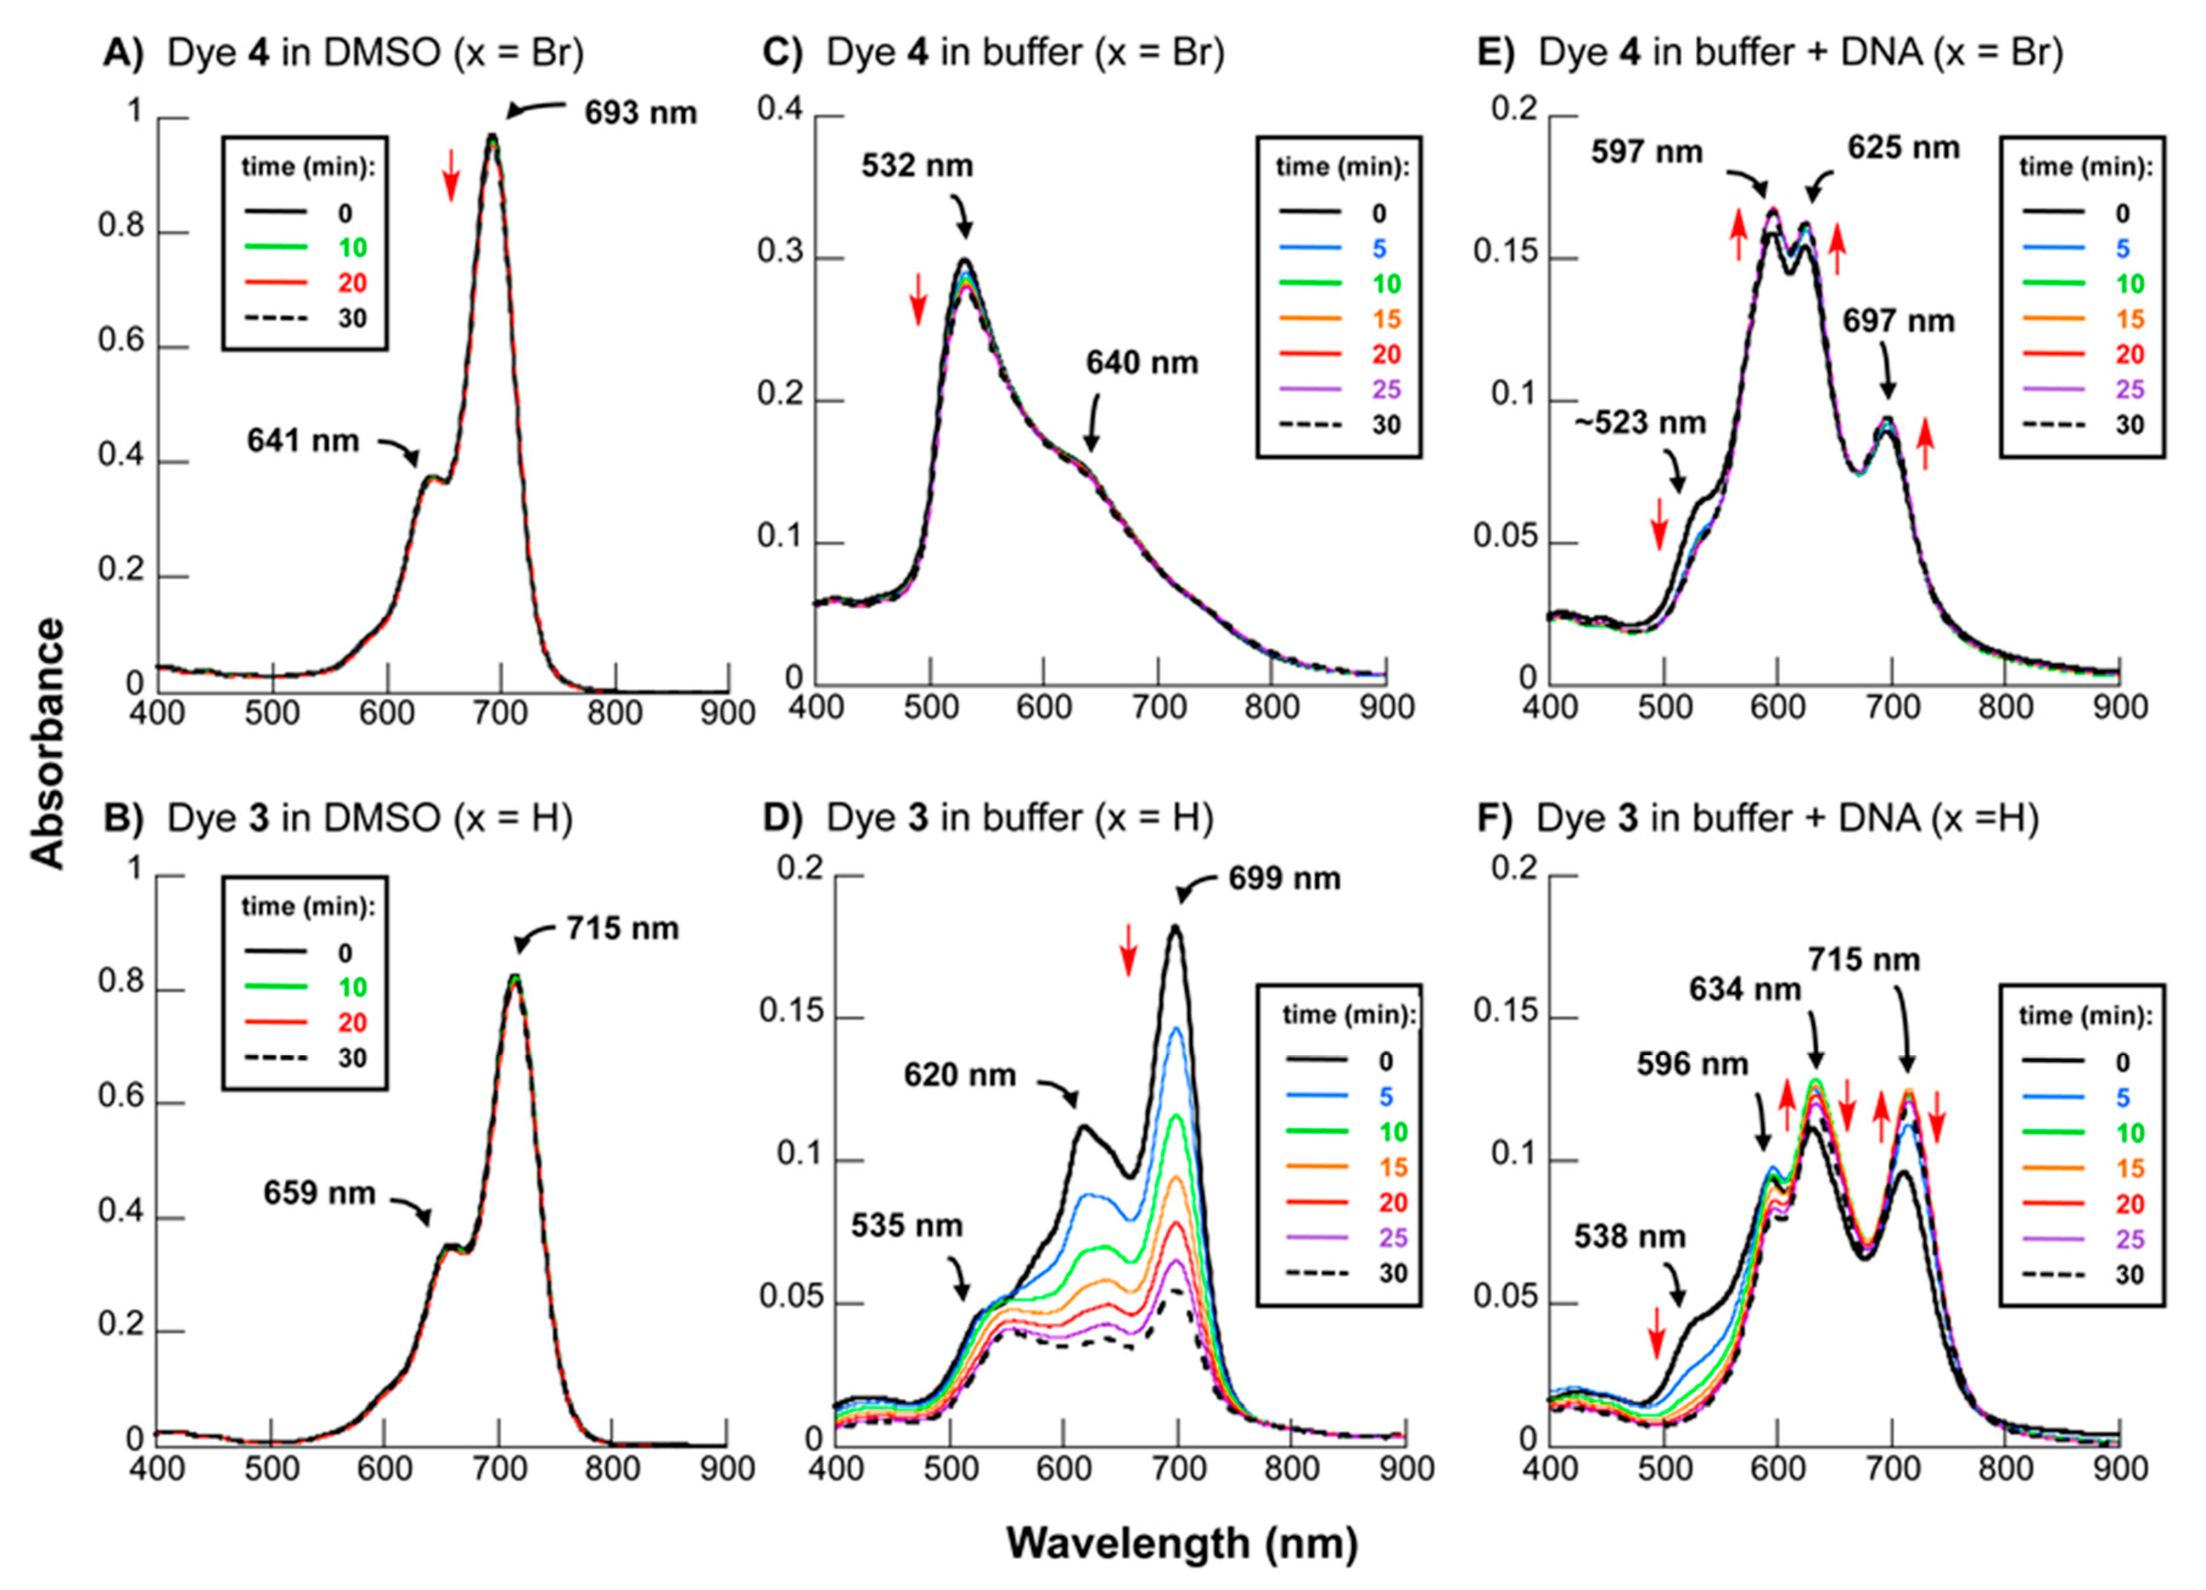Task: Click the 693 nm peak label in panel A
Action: (x=640, y=113)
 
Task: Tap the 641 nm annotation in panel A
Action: (x=302, y=441)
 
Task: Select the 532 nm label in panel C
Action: (x=916, y=165)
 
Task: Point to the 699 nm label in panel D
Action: (x=1284, y=878)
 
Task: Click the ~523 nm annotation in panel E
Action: (x=1640, y=423)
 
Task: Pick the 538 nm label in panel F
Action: (x=1629, y=1237)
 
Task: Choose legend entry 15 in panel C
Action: (x=1386, y=319)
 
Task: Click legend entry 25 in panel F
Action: (x=2129, y=1239)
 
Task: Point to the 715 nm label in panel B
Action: (x=622, y=928)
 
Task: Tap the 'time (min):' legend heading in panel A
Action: (x=307, y=167)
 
